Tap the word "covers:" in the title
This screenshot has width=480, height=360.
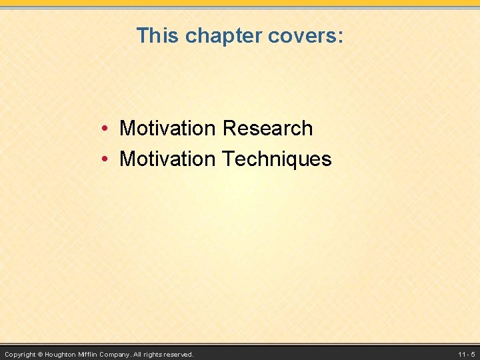point(305,36)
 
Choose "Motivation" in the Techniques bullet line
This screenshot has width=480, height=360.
point(167,159)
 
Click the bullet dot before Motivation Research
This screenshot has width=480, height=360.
point(106,129)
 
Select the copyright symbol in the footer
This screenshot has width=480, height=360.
point(40,355)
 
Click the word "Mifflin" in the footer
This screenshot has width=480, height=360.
point(89,355)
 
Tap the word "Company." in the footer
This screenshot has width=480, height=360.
point(116,355)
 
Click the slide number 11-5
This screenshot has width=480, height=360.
point(466,355)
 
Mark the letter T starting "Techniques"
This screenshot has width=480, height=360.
point(226,159)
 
